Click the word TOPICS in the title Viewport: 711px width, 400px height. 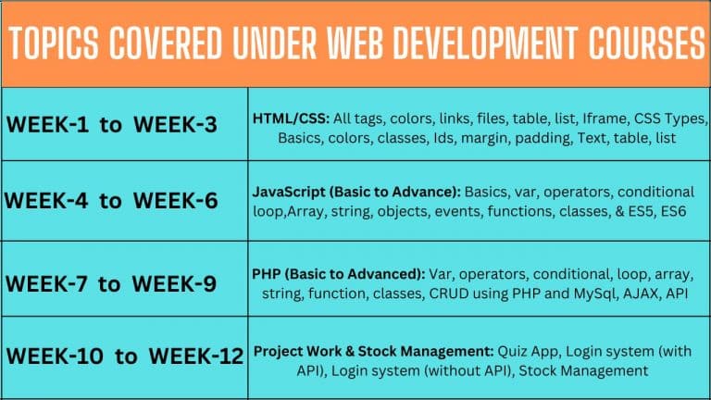click(54, 44)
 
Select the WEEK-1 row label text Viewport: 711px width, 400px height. click(47, 124)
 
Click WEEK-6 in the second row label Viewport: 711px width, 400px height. click(176, 200)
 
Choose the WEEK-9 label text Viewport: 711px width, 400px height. click(174, 284)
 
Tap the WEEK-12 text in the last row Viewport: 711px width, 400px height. click(196, 356)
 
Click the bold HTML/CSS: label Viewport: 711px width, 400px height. click(291, 119)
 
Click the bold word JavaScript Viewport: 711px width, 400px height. click(289, 193)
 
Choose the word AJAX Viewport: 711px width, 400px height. click(641, 294)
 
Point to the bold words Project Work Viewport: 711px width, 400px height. click(297, 352)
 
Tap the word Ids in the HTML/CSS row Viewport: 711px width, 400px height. click(443, 138)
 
